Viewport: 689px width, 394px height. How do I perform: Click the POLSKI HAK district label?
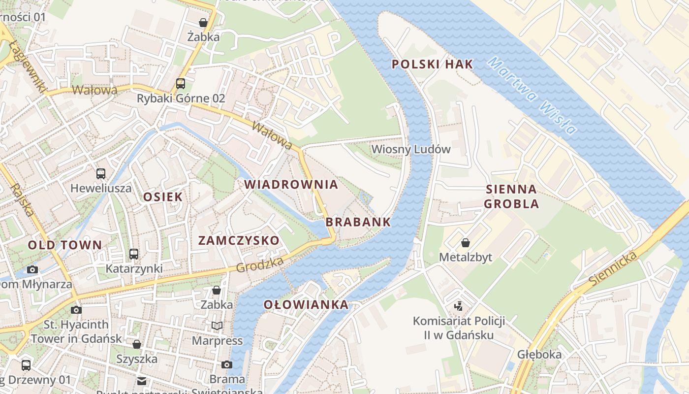click(432, 64)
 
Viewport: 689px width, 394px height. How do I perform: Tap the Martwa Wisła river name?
click(532, 96)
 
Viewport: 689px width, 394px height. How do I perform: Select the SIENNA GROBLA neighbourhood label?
click(511, 197)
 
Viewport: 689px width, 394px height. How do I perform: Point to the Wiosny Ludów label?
click(411, 149)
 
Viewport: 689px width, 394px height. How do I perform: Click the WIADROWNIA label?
click(291, 185)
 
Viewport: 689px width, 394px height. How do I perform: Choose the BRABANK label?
click(358, 222)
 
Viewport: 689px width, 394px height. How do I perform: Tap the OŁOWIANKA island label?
click(306, 305)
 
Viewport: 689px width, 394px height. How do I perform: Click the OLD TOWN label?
click(64, 245)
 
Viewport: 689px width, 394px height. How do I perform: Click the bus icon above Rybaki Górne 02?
click(181, 83)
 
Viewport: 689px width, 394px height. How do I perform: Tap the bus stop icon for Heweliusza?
click(101, 173)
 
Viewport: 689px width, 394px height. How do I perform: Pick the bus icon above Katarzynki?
click(134, 254)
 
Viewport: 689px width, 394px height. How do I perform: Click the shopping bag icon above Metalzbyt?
click(465, 243)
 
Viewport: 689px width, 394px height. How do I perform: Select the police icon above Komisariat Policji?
click(459, 306)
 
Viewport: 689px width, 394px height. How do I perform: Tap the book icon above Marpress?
click(217, 326)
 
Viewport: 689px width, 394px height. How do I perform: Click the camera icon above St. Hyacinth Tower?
click(76, 310)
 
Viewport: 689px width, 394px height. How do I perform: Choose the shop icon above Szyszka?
click(137, 344)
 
